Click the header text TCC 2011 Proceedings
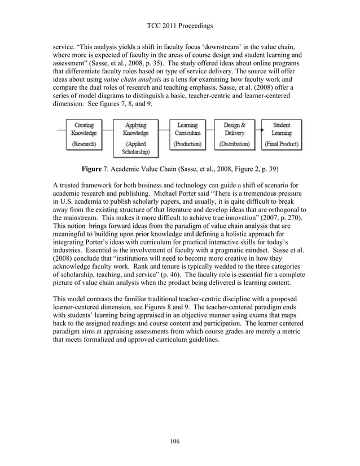pos(179,24)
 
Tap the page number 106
pos(179,441)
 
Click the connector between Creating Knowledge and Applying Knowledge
pos(108,130)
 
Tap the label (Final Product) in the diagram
pos(281,144)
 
